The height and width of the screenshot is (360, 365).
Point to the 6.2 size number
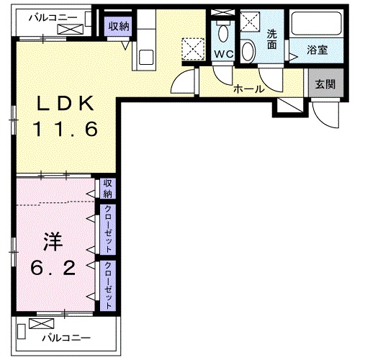[x=53, y=268]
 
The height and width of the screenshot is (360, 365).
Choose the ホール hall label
[x=248, y=89]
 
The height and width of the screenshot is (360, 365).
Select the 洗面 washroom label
[x=271, y=38]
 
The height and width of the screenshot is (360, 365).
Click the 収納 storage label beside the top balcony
[x=120, y=26]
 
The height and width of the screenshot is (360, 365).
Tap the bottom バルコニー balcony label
[x=65, y=336]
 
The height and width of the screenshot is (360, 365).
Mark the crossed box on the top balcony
[x=71, y=29]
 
